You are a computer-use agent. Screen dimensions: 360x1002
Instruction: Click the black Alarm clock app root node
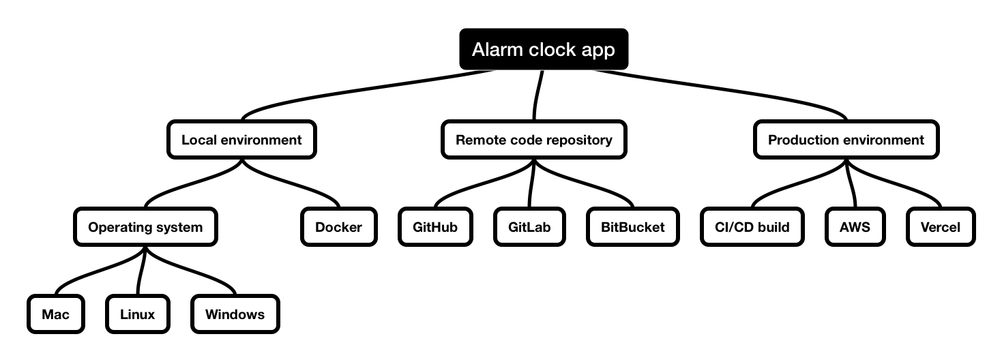[x=543, y=49]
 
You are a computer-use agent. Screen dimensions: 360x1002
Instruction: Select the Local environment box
[x=241, y=140]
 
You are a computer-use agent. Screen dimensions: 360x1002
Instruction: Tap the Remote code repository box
[x=533, y=140]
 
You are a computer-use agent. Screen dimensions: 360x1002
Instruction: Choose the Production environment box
[x=846, y=140]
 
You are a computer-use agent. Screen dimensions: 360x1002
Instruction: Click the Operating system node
[x=145, y=226]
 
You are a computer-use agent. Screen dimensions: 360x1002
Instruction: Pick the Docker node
[x=338, y=226]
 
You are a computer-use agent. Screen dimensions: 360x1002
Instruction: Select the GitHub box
[x=435, y=226]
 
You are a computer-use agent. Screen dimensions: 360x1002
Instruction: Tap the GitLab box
[x=529, y=226]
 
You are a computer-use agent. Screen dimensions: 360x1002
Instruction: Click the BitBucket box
[x=632, y=226]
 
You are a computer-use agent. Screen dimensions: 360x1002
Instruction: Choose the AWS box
[x=855, y=226]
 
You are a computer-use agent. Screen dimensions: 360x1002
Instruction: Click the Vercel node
[x=941, y=226]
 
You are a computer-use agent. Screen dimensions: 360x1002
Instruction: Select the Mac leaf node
[x=56, y=314]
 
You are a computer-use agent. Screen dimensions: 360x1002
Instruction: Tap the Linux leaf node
[x=137, y=314]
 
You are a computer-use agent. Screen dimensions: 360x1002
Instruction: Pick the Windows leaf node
[x=235, y=314]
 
